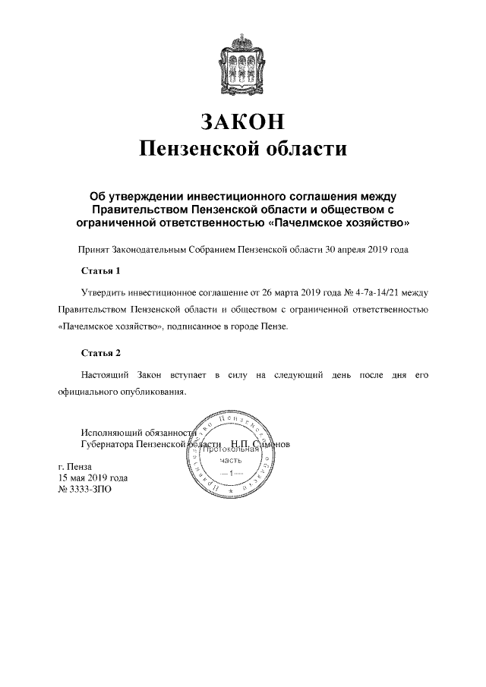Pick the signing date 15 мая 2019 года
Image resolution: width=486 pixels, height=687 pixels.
pos(93,478)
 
